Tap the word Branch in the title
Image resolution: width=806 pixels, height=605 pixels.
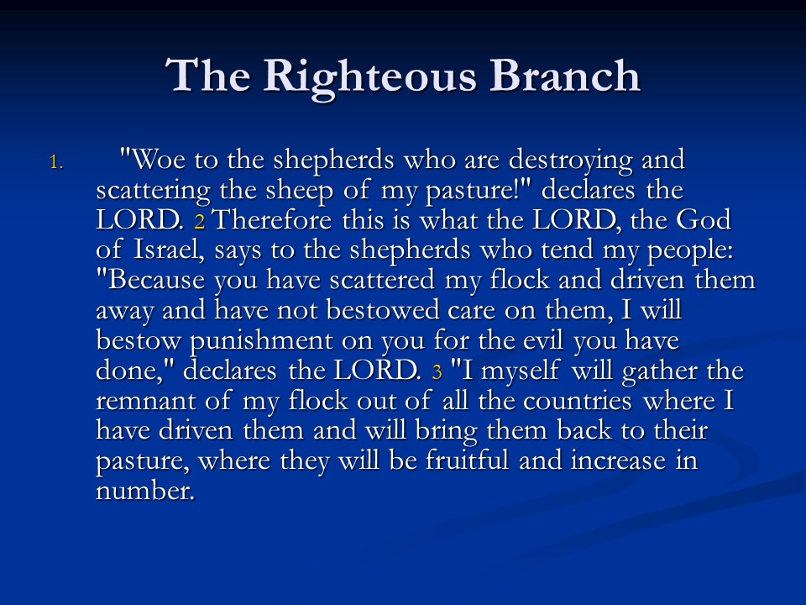pyautogui.click(x=564, y=76)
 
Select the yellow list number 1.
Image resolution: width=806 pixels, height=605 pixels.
pyautogui.click(x=56, y=162)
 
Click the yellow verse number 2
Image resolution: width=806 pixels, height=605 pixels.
pyautogui.click(x=200, y=222)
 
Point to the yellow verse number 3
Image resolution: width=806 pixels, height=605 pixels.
pyautogui.click(x=437, y=372)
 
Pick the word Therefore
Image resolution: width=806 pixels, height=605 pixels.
pyautogui.click(x=272, y=219)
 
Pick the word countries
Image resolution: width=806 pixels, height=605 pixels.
pyautogui.click(x=578, y=401)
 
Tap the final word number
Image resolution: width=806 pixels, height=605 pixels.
pyautogui.click(x=145, y=490)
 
